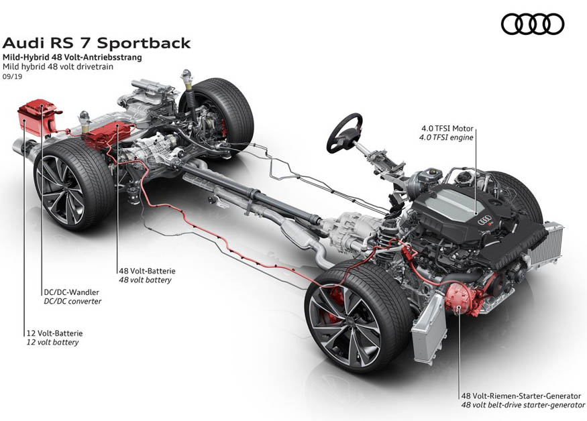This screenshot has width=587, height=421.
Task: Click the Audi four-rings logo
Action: tap(533, 24)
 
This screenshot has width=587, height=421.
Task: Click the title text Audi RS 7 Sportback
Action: tap(97, 43)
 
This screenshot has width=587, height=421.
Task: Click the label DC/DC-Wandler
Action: tap(70, 292)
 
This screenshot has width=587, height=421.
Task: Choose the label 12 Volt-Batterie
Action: tap(51, 333)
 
